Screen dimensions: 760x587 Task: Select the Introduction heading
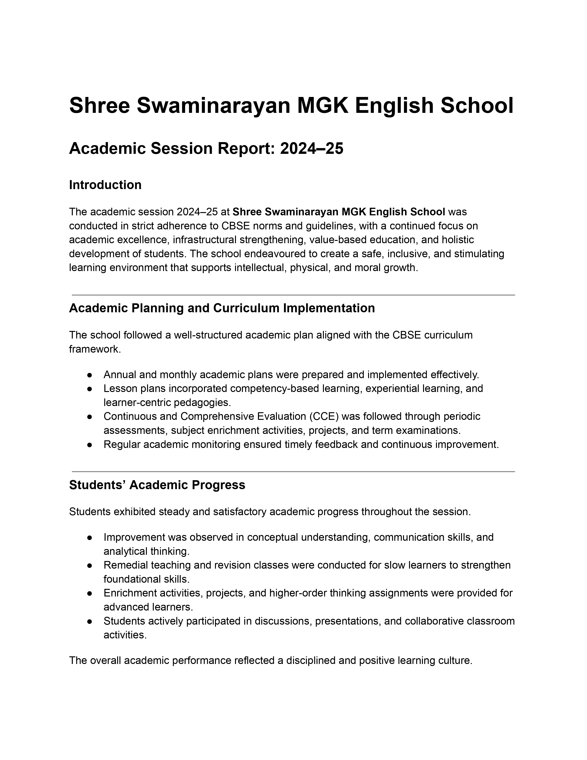105,185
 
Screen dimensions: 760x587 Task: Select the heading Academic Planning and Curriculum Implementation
222,308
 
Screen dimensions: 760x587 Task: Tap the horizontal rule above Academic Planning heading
293,295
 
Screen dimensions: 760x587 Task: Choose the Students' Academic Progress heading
157,485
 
